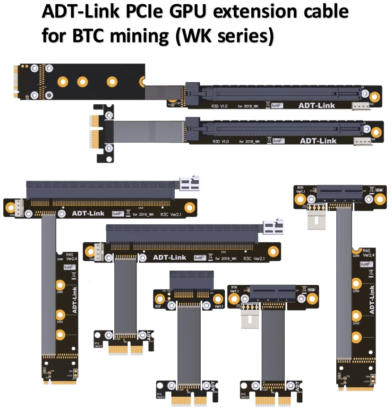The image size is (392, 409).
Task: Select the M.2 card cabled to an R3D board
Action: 78,82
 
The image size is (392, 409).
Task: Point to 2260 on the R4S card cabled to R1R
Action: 356,291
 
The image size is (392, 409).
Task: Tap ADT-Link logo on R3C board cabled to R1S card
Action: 170,257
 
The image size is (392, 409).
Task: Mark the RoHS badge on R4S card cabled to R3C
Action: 68,267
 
